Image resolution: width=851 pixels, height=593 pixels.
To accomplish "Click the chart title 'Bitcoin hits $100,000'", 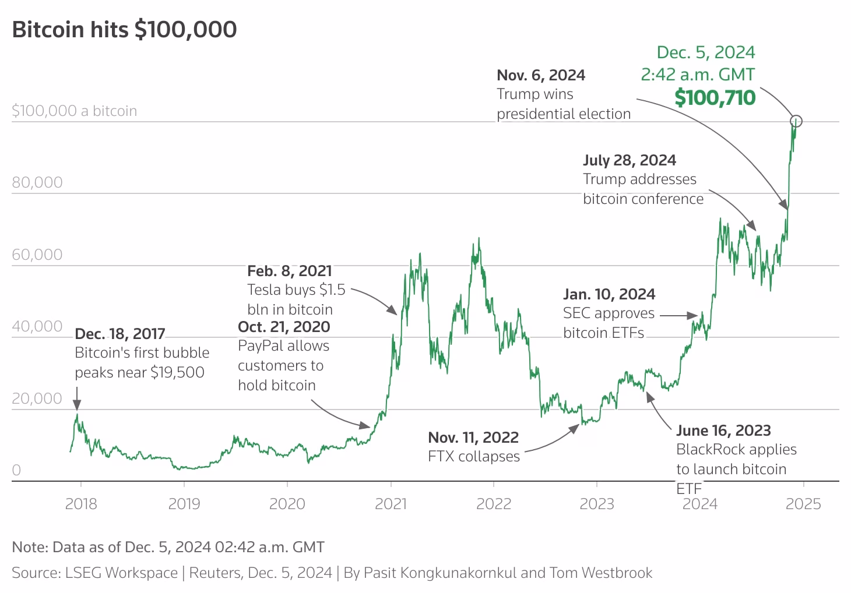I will pos(124,30).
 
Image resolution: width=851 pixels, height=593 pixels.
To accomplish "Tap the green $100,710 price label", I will pos(715,98).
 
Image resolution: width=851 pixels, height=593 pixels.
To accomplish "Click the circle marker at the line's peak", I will pos(796,121).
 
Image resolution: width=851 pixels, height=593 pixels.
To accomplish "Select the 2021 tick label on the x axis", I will pos(391,503).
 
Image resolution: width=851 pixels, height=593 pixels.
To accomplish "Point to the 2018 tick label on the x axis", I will pos(81,503).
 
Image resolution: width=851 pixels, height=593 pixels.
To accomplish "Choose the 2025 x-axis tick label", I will pos(803,503).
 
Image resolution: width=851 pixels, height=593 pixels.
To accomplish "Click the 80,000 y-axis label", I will pos(37,182).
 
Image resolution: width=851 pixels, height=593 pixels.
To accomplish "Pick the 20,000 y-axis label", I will pos(37,398).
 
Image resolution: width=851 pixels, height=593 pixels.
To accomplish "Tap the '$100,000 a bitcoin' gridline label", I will pos(74,111).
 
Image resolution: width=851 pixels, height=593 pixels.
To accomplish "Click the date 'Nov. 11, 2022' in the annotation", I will pos(473,437).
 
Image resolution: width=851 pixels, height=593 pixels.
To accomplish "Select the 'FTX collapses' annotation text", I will pos(473,456).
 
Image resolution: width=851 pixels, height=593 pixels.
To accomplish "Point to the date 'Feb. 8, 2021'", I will pos(289,271).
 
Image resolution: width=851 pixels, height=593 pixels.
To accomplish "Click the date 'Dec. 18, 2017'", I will pos(120,334).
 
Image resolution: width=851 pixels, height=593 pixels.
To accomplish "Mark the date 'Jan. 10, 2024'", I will pos(609,294).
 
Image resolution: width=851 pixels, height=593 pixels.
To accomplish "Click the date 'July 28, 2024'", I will pos(630,160).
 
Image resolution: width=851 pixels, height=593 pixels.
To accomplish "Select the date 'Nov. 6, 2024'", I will pos(541,75).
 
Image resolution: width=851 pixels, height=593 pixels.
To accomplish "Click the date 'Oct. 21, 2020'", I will pos(284,327).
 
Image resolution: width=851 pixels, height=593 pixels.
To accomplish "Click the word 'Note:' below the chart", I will pos(30,547).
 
